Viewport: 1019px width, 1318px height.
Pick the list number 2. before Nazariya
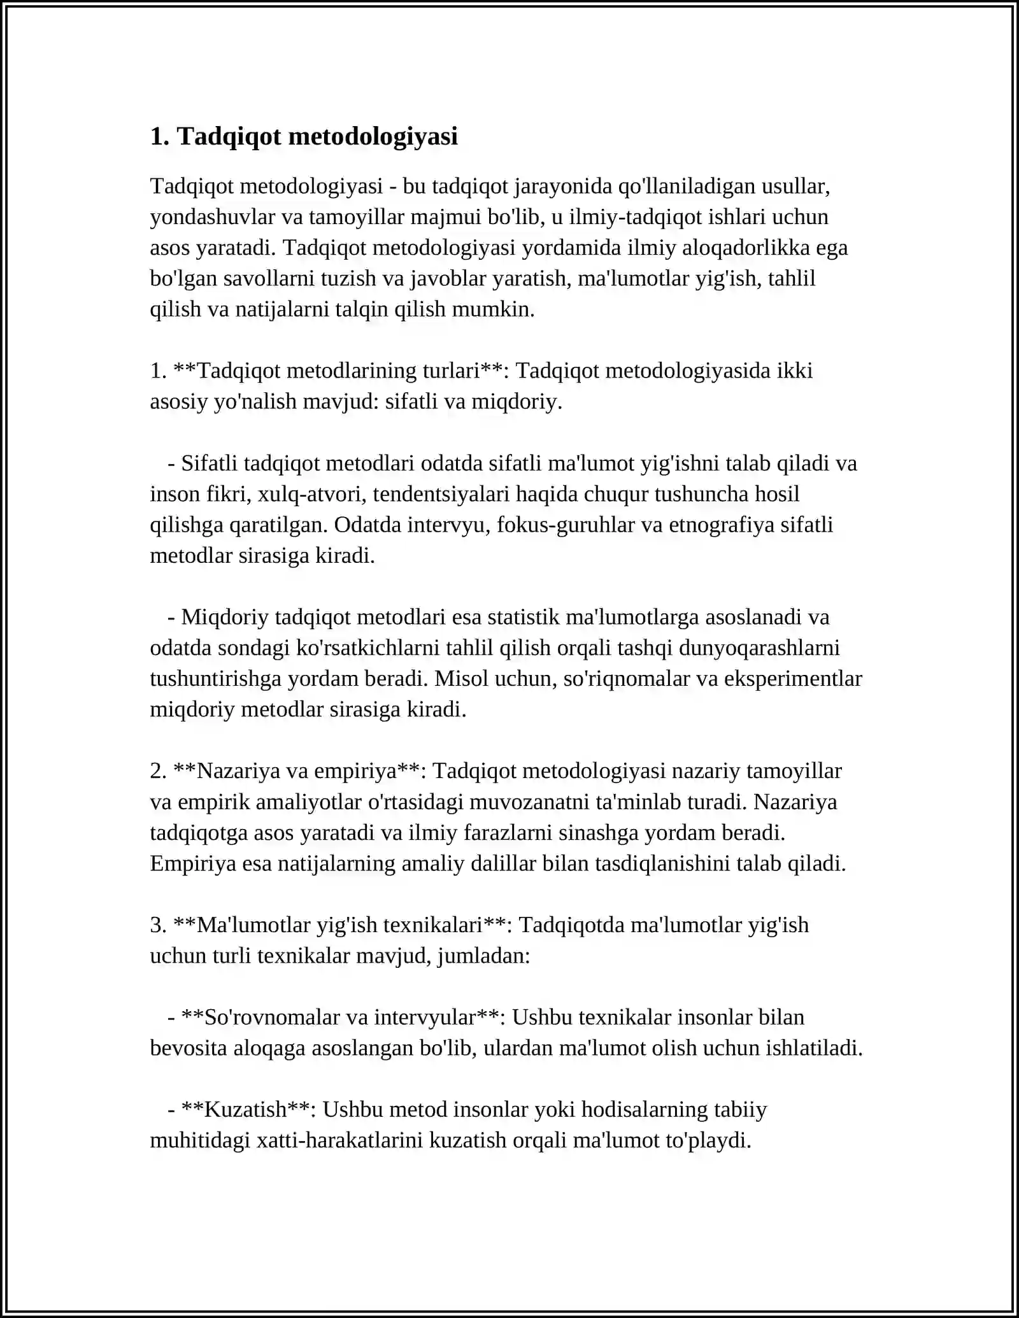[158, 771]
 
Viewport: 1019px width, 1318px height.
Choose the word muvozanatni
[534, 802]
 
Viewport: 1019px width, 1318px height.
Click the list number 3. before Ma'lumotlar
[158, 925]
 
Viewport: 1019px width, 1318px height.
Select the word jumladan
[483, 956]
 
